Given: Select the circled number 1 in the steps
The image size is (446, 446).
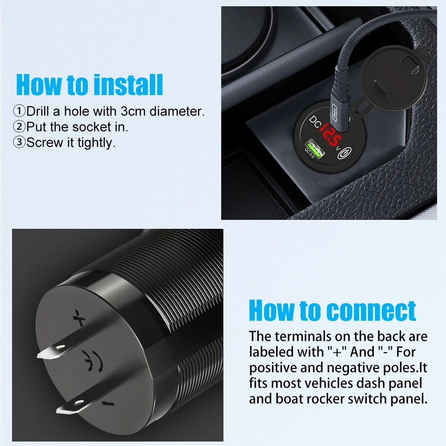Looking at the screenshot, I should (20, 111).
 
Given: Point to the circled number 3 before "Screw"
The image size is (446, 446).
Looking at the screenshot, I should (20, 143).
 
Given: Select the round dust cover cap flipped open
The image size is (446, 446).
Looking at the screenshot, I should (393, 77).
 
